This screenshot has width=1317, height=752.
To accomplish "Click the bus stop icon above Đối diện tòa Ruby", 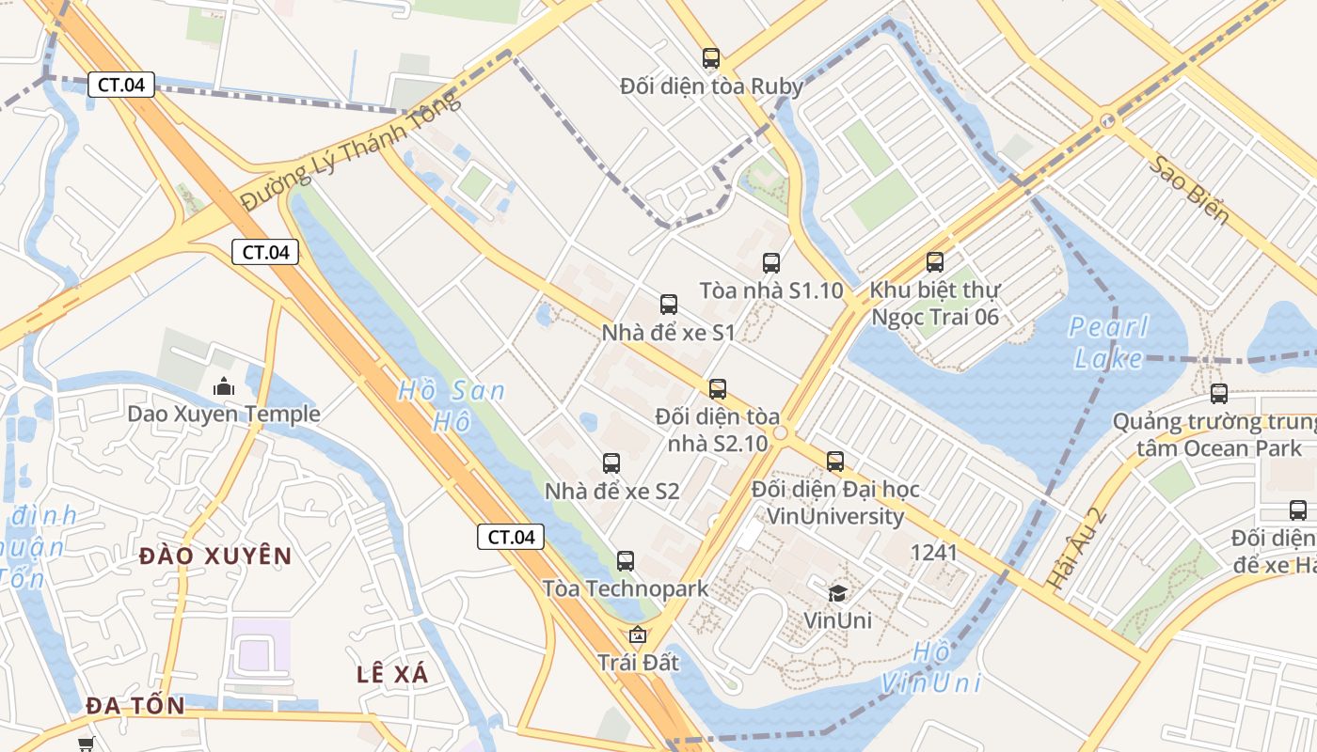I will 711,58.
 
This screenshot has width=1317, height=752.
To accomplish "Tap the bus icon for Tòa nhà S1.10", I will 771,263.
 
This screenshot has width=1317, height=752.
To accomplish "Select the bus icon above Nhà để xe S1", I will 669,305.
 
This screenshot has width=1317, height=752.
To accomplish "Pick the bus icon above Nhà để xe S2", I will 611,463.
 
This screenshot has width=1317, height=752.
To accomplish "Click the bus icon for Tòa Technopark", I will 626,561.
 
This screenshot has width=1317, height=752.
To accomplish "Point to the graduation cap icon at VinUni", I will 837,592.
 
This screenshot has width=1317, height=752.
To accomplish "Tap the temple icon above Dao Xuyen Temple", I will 224,385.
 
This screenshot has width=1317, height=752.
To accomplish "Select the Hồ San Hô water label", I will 452,405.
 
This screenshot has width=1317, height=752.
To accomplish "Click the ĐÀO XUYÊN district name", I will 215,556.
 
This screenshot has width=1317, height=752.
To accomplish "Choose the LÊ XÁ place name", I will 393,674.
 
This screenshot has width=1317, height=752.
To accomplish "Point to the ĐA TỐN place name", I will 135,706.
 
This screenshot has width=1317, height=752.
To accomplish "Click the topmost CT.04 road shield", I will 121,85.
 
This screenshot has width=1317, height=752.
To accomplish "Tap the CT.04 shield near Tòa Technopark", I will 511,537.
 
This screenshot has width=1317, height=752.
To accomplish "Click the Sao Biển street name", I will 1189,191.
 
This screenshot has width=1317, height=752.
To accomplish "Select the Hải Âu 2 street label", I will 1074,549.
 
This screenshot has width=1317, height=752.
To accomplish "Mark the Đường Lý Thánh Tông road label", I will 350,151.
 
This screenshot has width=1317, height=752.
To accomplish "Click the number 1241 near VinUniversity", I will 933,553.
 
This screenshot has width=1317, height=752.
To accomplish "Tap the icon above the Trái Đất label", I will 638,634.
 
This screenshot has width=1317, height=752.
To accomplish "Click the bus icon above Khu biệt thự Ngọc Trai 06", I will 935,262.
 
